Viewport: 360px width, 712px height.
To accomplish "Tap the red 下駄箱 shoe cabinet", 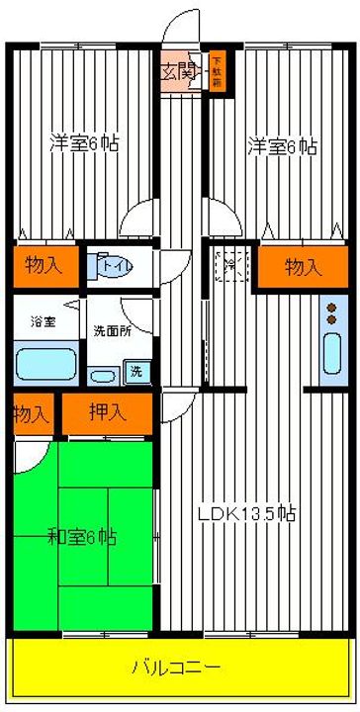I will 215,72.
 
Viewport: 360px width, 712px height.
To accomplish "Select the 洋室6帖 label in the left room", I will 85,143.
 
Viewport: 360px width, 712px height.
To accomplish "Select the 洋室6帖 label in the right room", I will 282,147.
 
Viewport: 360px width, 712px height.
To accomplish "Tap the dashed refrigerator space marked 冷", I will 228,265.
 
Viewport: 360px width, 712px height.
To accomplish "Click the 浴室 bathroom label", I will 43,321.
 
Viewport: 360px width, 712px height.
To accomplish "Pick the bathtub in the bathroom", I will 45,364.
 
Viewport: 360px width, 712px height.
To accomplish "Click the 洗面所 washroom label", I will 111,330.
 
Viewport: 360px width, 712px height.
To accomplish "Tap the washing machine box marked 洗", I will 135,374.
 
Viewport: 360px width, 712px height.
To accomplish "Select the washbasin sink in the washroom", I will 100,376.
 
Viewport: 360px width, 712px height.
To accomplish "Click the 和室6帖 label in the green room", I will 82,538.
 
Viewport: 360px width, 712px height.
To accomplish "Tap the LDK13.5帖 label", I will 245,515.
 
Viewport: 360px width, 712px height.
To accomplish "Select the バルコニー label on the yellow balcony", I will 176,665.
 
